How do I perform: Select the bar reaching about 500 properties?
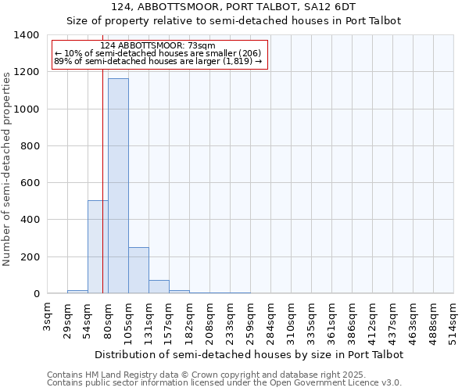(x=98, y=247)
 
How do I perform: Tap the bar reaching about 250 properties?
(x=138, y=271)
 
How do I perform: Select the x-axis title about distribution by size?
(x=250, y=354)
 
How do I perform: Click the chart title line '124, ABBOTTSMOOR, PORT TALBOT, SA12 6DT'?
(x=234, y=8)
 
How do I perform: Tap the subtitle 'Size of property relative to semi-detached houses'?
(x=234, y=21)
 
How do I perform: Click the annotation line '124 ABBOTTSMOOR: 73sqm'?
(x=158, y=46)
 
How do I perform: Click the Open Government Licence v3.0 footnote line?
(x=224, y=383)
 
